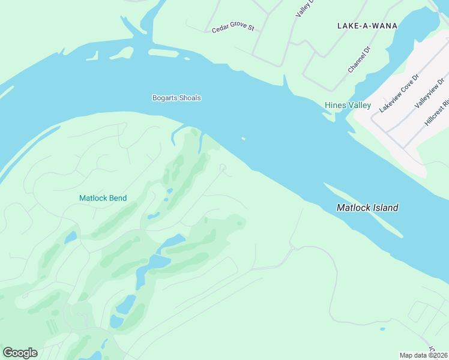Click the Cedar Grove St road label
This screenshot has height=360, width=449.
tap(234, 28)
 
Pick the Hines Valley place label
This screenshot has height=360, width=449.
tap(348, 105)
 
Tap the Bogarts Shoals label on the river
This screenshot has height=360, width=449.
tap(176, 98)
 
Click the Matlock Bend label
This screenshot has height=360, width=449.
tap(103, 198)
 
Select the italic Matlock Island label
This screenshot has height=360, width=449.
tap(367, 208)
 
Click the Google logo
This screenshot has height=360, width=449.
tap(20, 352)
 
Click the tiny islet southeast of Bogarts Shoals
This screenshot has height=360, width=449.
tap(243, 139)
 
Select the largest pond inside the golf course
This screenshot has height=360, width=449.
tap(149, 264)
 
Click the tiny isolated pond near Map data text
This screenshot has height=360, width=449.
tap(382, 329)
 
